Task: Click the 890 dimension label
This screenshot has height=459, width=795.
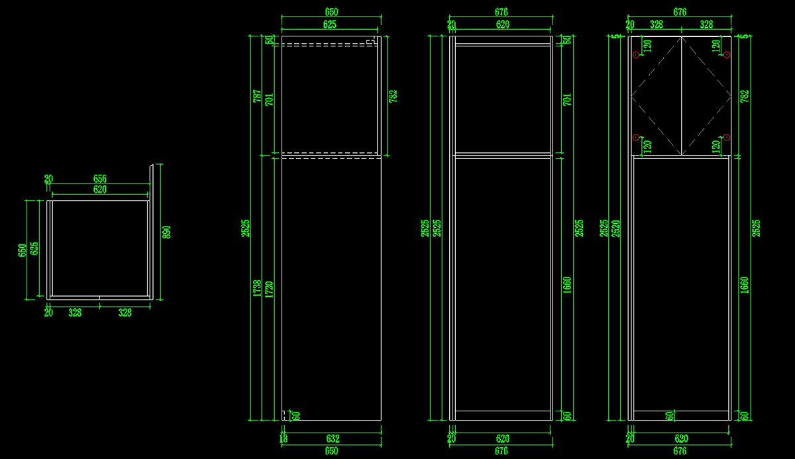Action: [x=167, y=232]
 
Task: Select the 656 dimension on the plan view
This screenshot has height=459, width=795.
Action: [x=100, y=178]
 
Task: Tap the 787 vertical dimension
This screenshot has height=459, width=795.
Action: [x=258, y=97]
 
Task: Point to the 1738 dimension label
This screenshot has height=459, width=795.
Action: [x=258, y=288]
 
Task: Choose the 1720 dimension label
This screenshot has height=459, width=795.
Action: [x=269, y=288]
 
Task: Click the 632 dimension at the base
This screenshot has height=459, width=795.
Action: [x=332, y=438]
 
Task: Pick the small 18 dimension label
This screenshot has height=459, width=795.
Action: [x=284, y=438]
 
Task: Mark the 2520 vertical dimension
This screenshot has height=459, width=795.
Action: [x=616, y=228]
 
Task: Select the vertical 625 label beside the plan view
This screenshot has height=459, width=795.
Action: [x=34, y=248]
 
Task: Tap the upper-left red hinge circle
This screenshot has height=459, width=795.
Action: [x=636, y=55]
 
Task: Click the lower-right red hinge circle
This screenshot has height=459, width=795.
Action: [x=727, y=137]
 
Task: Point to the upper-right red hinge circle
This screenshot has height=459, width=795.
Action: [x=727, y=55]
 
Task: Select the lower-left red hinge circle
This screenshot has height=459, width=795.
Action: [x=636, y=137]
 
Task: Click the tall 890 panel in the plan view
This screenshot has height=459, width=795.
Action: [x=152, y=232]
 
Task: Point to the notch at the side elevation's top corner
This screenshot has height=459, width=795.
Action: [x=373, y=42]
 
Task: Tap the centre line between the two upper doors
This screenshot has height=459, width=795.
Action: [x=682, y=96]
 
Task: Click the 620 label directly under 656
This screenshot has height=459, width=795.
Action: [x=100, y=189]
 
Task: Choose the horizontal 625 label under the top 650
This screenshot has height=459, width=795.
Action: [x=330, y=25]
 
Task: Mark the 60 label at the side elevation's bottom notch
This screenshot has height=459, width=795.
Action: [x=296, y=416]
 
